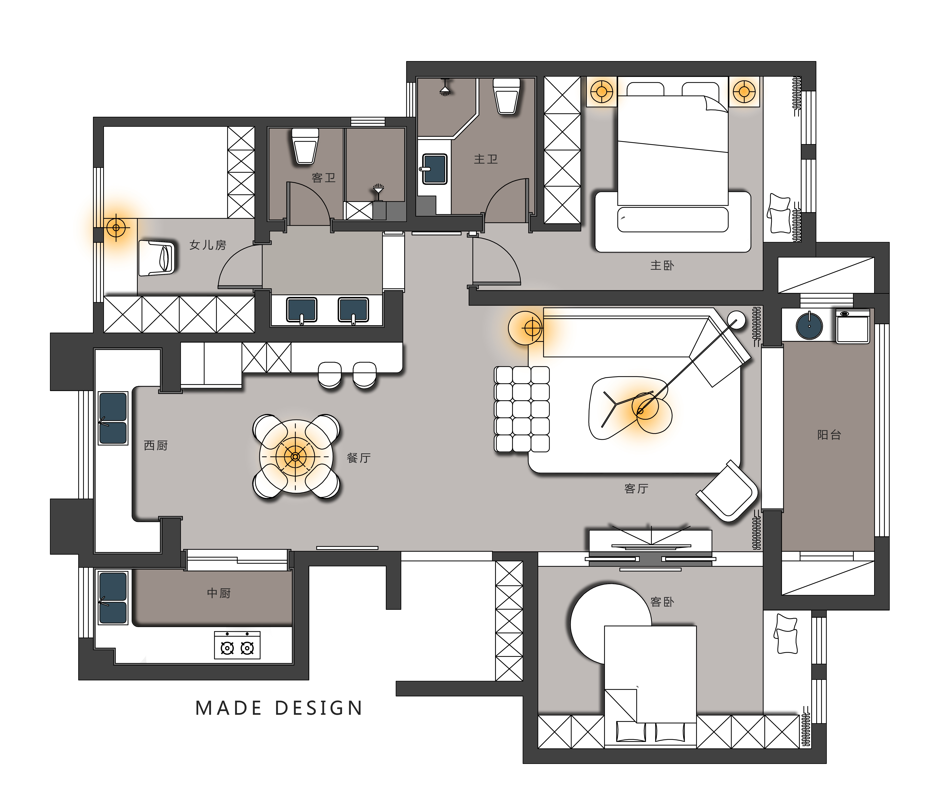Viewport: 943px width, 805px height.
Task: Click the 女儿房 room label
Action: (207, 245)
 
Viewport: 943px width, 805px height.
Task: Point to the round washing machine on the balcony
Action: (809, 326)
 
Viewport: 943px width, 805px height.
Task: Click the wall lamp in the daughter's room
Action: (116, 227)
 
